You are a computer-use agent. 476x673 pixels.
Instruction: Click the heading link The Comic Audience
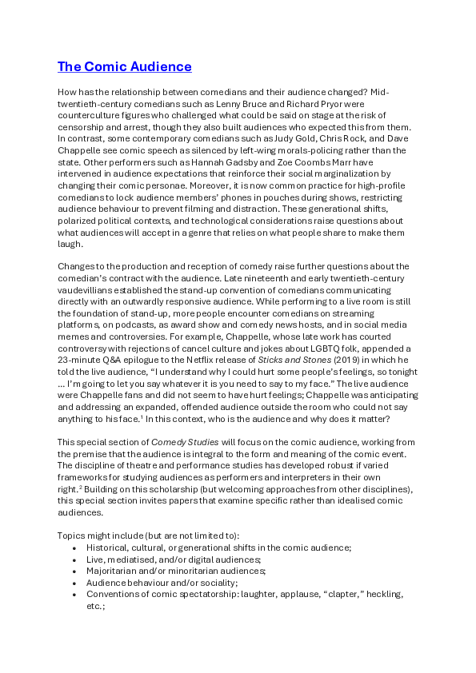pyautogui.click(x=125, y=66)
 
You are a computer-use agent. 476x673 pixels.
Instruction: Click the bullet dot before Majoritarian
pyautogui.click(x=74, y=571)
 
